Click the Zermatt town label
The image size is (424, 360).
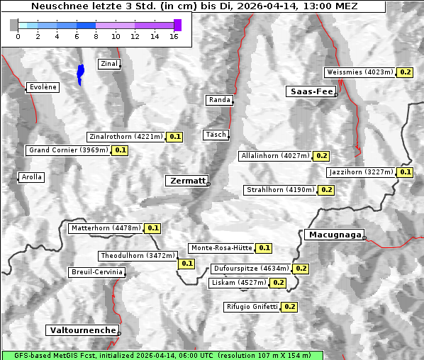click(186, 181)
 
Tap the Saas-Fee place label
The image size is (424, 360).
click(311, 91)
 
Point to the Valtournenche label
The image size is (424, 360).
click(82, 330)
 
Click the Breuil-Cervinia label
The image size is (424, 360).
click(96, 272)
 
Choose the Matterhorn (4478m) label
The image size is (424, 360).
click(105, 228)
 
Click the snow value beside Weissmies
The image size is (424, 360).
click(406, 72)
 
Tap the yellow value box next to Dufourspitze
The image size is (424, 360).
click(301, 269)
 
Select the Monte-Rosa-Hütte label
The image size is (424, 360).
click(221, 248)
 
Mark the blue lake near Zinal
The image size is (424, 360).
click(80, 73)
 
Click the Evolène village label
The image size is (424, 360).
click(42, 87)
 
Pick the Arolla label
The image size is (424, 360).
click(31, 177)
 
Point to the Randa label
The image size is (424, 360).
click(219, 100)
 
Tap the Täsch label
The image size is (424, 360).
click(215, 135)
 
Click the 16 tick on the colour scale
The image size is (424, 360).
click(173, 36)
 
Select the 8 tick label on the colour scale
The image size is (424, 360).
click(96, 36)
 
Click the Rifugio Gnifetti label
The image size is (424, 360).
click(252, 307)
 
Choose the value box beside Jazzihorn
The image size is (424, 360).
click(405, 172)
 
